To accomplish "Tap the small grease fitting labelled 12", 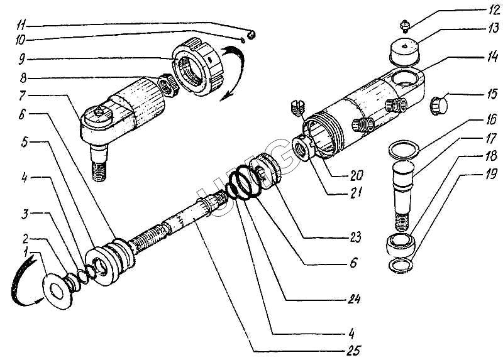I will (x=405, y=26).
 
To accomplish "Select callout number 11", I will (x=21, y=26).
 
